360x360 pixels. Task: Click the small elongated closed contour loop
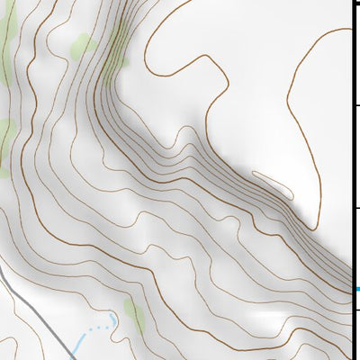[273, 184]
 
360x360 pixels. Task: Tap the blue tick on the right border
[356, 289]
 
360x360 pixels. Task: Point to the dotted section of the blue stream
[101, 328]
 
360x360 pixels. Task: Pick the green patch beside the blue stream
[135, 316]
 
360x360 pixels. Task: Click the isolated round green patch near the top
[84, 44]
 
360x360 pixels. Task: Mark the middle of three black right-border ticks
[355, 107]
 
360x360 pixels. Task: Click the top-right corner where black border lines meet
[352, 3]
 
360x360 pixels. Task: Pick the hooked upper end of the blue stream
[113, 319]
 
